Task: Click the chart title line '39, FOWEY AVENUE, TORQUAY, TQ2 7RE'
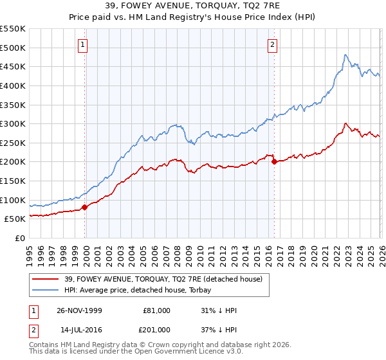(192, 7)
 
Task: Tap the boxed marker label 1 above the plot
(84, 44)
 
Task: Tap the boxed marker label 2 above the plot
(273, 44)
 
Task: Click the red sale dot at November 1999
(84, 207)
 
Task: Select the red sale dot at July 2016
(273, 161)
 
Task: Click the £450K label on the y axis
(13, 67)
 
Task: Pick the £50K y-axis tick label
(15, 219)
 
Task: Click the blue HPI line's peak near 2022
(345, 55)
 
